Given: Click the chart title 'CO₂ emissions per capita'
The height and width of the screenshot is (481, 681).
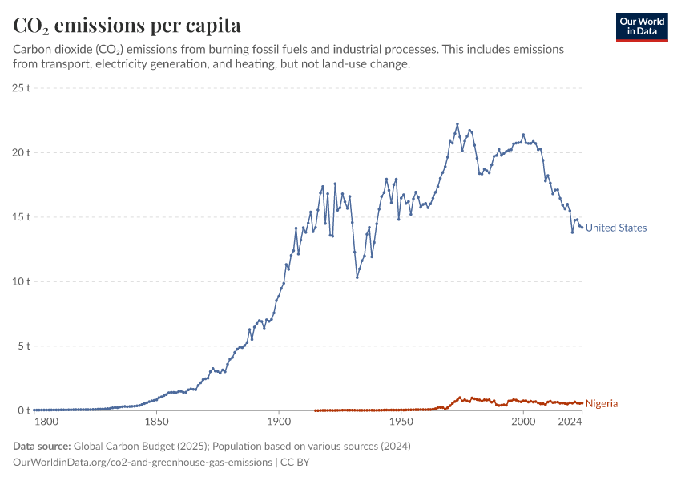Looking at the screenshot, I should [127, 26].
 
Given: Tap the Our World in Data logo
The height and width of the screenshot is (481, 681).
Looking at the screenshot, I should [642, 26].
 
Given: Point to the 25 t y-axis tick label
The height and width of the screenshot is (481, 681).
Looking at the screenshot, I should [21, 87].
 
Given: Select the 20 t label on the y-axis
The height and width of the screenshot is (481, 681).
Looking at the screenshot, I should [21, 152].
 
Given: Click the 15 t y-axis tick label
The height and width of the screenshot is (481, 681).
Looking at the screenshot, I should [21, 217].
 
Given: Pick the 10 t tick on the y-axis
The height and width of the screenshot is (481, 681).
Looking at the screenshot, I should [21, 281].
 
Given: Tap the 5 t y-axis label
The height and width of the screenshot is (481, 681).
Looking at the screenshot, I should [23, 346].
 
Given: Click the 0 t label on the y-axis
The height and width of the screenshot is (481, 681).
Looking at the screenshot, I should [23, 411].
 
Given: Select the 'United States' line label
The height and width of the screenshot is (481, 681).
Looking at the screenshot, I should [615, 228].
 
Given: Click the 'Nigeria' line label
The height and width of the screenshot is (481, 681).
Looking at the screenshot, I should [602, 403].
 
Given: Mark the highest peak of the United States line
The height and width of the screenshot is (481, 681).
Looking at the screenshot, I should [457, 124].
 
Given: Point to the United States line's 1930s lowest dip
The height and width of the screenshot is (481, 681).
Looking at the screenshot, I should [357, 277].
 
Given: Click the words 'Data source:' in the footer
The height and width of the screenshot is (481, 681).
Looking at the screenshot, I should [42, 446].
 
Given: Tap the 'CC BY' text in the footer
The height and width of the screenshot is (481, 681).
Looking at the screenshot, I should [295, 463].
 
